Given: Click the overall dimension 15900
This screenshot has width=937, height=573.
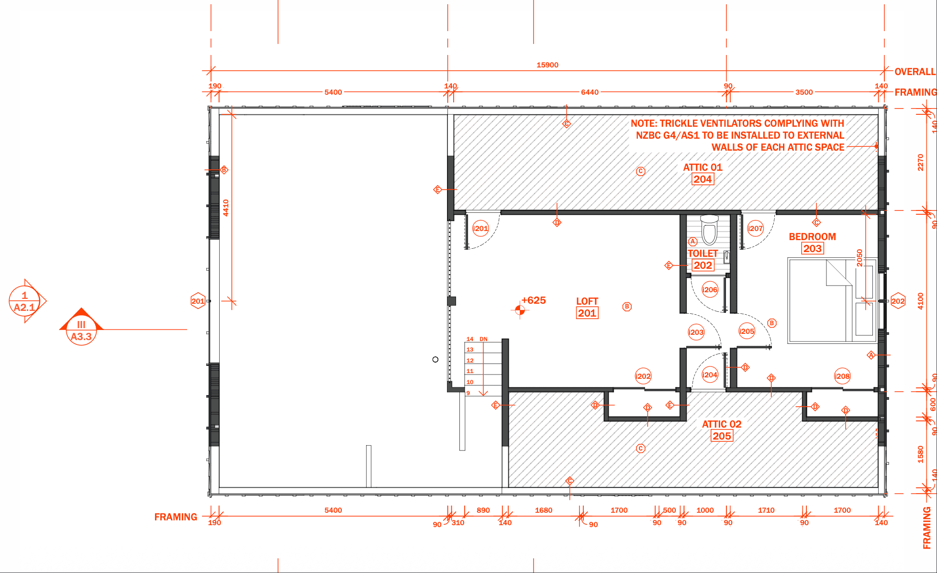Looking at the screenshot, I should [x=547, y=65].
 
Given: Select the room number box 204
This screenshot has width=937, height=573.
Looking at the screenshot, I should [x=703, y=179].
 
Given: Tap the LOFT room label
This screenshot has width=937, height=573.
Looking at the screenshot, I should [x=587, y=301].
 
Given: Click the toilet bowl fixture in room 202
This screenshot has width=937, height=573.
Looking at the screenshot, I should [x=709, y=231].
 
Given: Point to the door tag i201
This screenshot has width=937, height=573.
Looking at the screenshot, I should [x=480, y=229].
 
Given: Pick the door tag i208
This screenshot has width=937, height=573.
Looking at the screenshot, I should [x=842, y=376].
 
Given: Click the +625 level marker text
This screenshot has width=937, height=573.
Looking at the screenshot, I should [x=534, y=300].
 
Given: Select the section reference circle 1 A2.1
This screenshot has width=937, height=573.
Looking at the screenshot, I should [x=24, y=301].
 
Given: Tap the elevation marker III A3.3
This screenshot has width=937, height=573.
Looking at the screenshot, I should [x=81, y=330].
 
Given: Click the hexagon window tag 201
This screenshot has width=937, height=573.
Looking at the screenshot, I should [x=198, y=301].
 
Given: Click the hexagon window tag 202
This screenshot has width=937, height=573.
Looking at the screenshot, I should [x=898, y=301].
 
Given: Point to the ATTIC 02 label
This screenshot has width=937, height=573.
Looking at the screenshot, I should [x=721, y=424].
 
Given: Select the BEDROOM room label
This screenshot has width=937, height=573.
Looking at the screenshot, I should [x=812, y=237].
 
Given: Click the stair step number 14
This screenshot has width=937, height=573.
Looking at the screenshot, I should [x=470, y=339].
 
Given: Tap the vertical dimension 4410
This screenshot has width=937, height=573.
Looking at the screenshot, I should [x=226, y=208].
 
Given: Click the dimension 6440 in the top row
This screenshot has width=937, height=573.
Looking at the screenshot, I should [x=589, y=92].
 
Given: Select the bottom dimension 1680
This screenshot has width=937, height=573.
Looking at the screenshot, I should [x=543, y=510].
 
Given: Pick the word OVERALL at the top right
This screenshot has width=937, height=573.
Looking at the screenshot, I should [x=915, y=72].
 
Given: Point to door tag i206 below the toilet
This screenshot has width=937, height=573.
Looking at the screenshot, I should [x=710, y=289].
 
